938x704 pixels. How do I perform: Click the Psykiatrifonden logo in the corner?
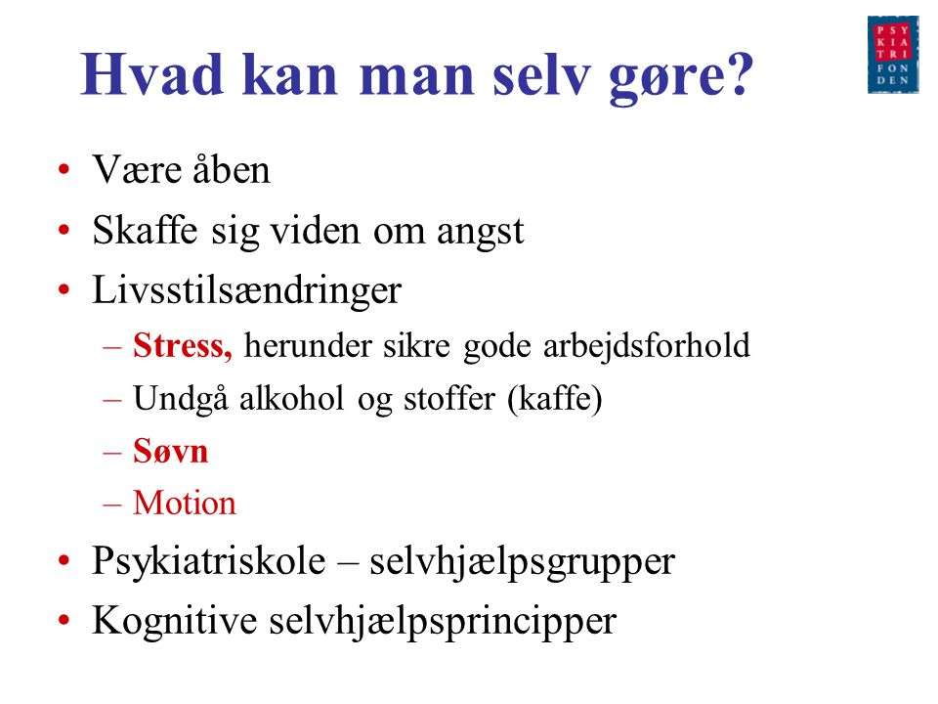[892, 55]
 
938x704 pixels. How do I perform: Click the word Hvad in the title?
[152, 75]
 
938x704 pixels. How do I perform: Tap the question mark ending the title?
[739, 74]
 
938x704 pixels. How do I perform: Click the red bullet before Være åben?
[64, 169]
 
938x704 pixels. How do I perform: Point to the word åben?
[231, 169]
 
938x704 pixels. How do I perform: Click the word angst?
[481, 233]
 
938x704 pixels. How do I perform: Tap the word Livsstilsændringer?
[246, 292]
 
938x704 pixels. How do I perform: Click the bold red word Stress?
[183, 346]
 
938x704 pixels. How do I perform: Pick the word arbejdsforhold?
[646, 347]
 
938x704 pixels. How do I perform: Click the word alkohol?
[292, 398]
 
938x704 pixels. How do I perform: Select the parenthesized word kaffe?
[555, 399]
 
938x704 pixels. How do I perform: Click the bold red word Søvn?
[170, 451]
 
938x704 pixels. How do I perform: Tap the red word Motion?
[185, 503]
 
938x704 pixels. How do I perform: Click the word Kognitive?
[175, 622]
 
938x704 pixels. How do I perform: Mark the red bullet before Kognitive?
[64, 621]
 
